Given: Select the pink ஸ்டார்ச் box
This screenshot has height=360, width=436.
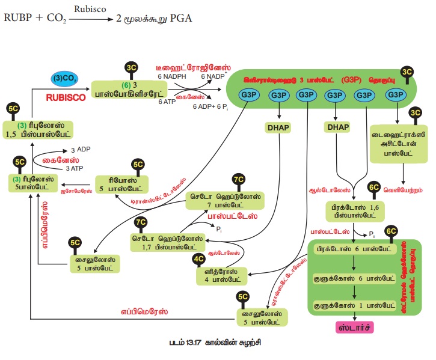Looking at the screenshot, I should [354, 328].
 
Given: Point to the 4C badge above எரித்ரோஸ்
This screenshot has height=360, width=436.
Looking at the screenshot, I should [198, 259].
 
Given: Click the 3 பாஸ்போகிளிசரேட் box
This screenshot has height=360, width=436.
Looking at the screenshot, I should [127, 91].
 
